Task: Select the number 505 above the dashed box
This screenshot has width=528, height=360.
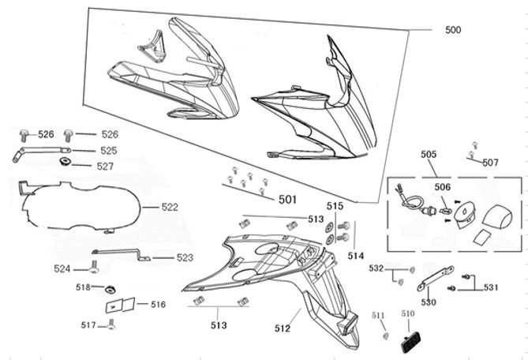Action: [x=429, y=156]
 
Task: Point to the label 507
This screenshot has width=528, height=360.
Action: [x=490, y=163]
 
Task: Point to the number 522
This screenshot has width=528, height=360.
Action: [x=170, y=207]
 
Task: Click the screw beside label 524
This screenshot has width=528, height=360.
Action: [x=94, y=269]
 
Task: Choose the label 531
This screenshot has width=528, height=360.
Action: [x=490, y=287]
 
